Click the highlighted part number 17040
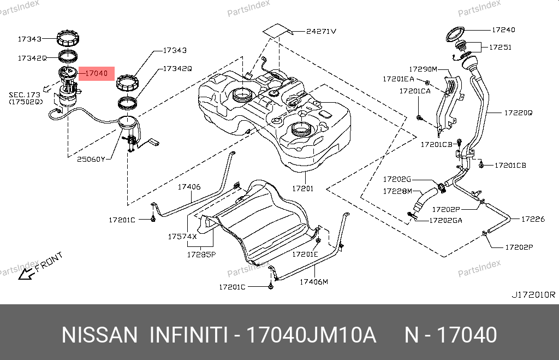[96, 73]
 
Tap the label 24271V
[321, 31]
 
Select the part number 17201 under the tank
[302, 188]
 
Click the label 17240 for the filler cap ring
[503, 29]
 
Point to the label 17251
[500, 47]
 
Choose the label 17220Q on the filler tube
[519, 113]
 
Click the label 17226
[533, 219]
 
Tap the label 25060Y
[91, 159]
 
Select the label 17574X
[182, 236]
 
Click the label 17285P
[201, 255]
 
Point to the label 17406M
[314, 282]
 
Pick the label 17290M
[423, 69]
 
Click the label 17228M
[397, 191]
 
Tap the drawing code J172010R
[533, 294]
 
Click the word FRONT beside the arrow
[49, 262]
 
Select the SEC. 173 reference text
[25, 95]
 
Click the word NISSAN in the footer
[99, 335]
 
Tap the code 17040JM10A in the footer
[311, 335]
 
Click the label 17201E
[305, 254]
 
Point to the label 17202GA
[445, 221]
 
